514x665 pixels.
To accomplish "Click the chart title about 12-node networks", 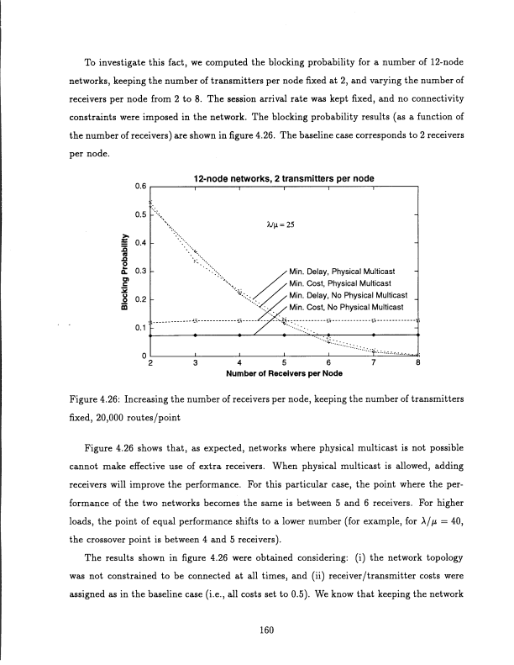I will (284, 179).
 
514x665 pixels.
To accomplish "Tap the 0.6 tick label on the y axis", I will (140, 187).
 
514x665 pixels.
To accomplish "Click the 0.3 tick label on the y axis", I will (140, 272).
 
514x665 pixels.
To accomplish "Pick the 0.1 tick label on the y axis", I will (140, 330).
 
